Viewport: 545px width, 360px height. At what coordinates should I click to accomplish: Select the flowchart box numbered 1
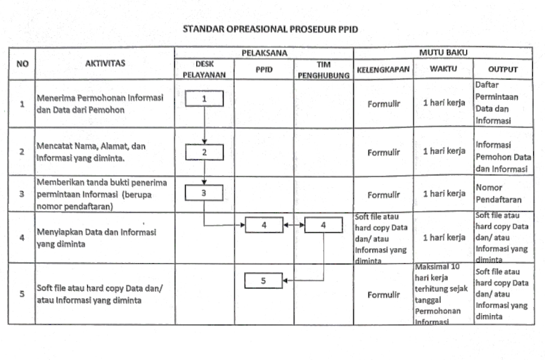(204, 99)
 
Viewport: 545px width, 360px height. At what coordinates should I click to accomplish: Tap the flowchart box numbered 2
(204, 152)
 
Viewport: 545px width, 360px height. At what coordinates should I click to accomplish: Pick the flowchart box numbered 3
(204, 192)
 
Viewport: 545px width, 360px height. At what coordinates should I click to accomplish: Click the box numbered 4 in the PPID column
(263, 226)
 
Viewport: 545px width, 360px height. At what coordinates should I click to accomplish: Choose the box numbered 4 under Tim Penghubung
(323, 226)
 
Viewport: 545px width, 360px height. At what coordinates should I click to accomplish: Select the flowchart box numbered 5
(263, 281)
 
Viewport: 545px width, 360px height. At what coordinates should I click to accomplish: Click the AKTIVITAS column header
(105, 63)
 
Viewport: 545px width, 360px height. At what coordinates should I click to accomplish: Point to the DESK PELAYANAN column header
(204, 68)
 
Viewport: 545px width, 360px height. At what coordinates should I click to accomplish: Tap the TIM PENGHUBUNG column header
(323, 69)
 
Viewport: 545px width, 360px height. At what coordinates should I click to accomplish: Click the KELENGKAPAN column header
(383, 70)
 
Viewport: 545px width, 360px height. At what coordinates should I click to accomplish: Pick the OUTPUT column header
(502, 70)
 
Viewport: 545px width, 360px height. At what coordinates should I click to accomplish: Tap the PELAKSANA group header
(264, 53)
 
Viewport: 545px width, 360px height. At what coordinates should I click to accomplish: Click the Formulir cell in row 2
(383, 152)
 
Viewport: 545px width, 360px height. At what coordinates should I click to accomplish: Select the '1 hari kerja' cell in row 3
(444, 193)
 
